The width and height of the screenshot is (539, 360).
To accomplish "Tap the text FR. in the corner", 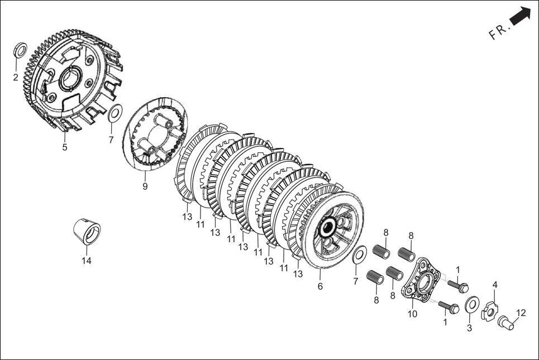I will tap(499, 32).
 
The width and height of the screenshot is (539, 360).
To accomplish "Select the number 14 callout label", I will tap(87, 260).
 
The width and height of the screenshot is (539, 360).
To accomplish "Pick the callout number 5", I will tap(65, 147).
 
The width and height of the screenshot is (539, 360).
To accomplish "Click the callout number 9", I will tap(145, 186).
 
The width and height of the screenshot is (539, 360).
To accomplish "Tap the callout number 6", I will tap(320, 286).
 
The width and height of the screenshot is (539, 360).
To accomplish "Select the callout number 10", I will tap(413, 314).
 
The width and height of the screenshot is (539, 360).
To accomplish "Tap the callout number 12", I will tap(521, 313).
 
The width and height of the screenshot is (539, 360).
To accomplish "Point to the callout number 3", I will tap(469, 328).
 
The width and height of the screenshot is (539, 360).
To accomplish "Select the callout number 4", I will tap(494, 285).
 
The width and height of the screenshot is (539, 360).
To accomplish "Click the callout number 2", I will tap(16, 77).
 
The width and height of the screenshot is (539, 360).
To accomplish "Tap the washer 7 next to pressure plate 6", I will tap(360, 255).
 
